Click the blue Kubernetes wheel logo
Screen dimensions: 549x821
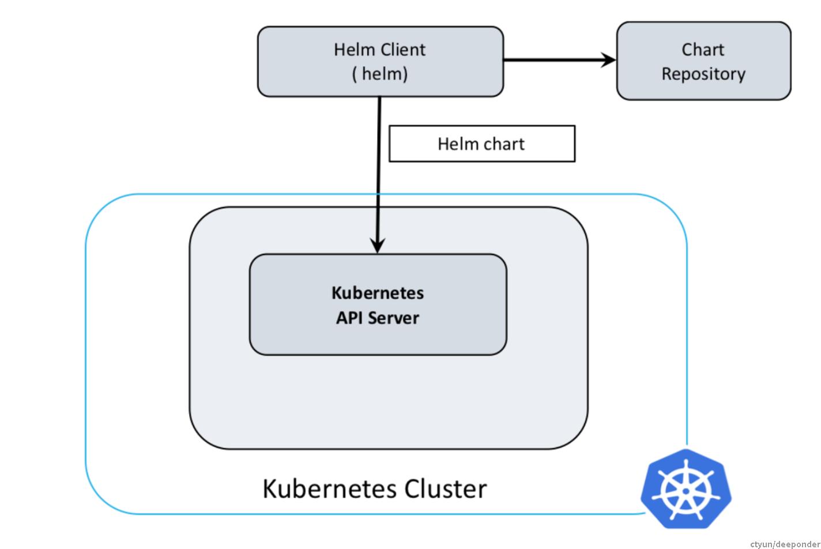[x=686, y=490]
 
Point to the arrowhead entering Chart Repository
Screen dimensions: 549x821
[x=609, y=59]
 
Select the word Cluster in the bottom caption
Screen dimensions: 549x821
[x=445, y=488]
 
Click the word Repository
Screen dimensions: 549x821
[x=703, y=74]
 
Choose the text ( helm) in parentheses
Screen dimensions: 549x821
[x=380, y=74]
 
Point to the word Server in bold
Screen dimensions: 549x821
[x=394, y=318]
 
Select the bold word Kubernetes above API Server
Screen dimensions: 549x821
[x=378, y=293]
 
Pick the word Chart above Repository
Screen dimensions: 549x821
[x=703, y=50]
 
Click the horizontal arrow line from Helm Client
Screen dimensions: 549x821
[x=553, y=59]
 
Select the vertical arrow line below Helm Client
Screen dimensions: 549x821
[x=379, y=173]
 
